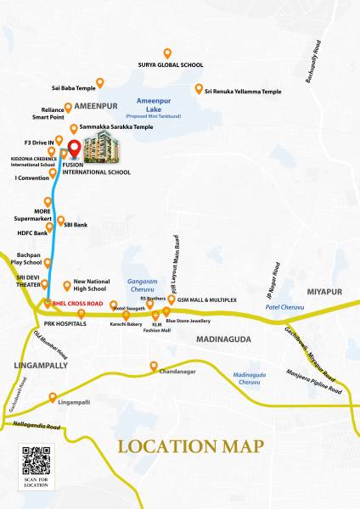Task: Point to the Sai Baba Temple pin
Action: pos(99,83)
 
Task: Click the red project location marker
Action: pos(74,150)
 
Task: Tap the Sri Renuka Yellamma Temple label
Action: pos(240,90)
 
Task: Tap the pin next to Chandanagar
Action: pos(154,366)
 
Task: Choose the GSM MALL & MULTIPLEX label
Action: pos(207,299)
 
